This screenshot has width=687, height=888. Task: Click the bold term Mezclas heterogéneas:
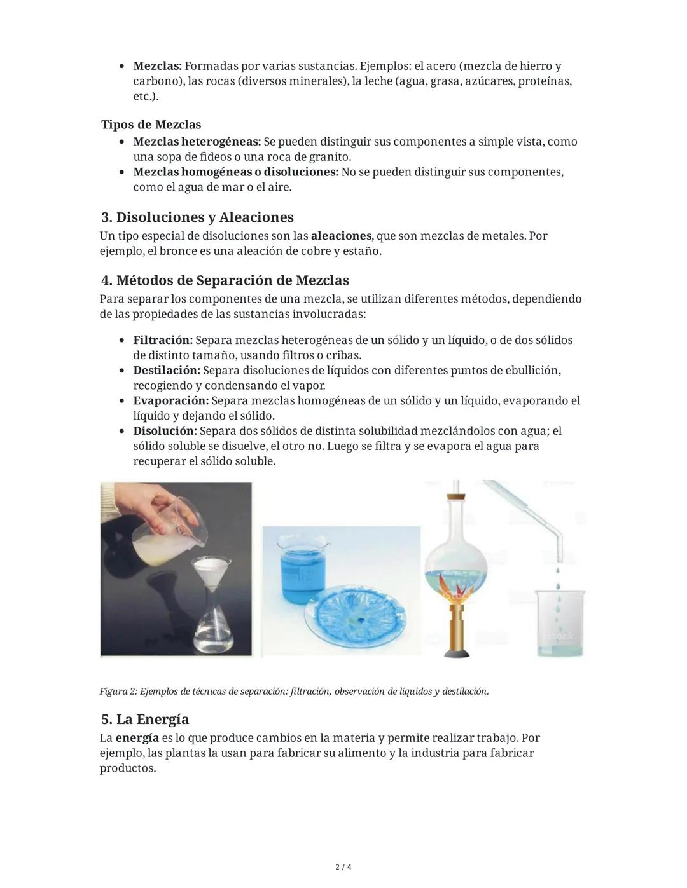point(197,142)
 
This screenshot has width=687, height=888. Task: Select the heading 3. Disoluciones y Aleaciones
point(197,217)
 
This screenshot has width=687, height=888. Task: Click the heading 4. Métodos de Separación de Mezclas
point(225,280)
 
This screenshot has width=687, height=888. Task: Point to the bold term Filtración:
point(162,340)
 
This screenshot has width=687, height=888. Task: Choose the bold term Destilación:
point(167,371)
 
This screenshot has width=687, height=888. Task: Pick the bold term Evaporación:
point(170,401)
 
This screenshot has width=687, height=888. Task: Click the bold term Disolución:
point(165,431)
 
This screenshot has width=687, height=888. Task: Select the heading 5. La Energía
point(145,720)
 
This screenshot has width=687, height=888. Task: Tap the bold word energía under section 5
point(137,738)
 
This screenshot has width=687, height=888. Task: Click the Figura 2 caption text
point(294,692)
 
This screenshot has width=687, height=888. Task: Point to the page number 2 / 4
point(343,867)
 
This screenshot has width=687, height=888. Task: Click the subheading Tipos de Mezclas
point(151,125)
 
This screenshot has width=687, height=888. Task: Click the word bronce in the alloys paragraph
point(178,251)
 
